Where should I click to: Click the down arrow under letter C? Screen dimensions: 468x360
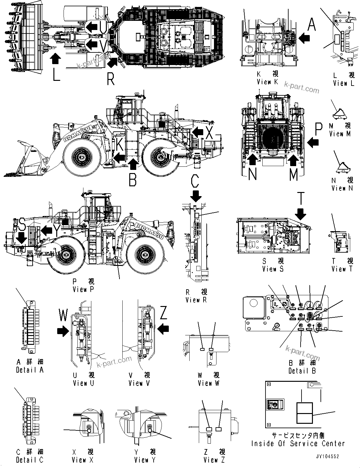(x=196, y=196)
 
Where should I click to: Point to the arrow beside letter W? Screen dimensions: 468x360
(x=63, y=331)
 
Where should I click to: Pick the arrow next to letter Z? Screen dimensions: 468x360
(x=163, y=330)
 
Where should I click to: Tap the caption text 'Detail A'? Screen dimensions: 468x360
(x=30, y=370)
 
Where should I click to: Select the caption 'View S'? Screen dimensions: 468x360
(x=273, y=269)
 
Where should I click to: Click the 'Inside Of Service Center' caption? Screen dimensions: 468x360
(x=298, y=443)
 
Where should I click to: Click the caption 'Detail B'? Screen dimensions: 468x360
(x=302, y=371)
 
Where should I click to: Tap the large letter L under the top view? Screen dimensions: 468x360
(x=56, y=75)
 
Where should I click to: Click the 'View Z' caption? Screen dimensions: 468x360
(x=214, y=460)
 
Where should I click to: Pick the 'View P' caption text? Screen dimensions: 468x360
(x=83, y=289)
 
